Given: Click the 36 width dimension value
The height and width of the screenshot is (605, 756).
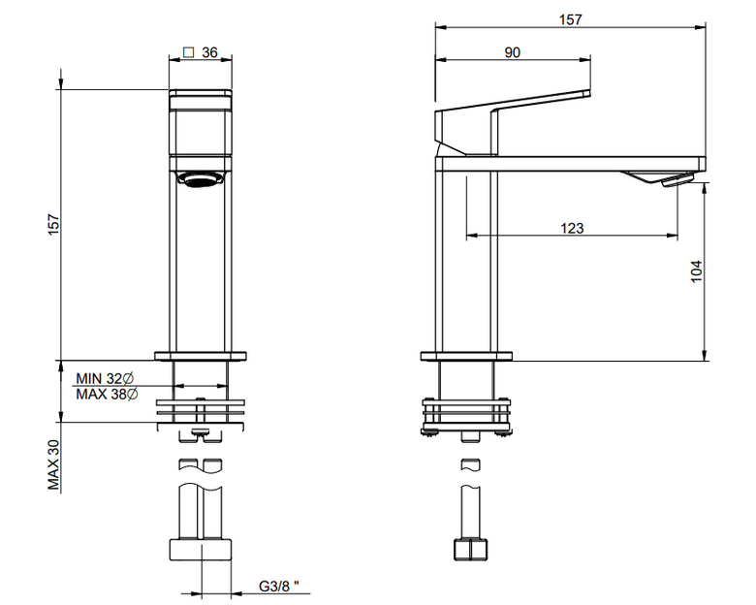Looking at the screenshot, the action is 209,52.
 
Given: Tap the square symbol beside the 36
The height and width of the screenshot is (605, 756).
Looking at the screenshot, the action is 189,52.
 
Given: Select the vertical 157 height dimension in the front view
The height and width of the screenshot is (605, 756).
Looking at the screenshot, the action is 53,224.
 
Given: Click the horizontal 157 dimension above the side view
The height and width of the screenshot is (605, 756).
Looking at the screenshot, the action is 570,19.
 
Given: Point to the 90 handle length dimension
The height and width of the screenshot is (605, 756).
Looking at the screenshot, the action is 513,52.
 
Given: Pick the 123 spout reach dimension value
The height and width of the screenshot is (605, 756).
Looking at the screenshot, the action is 572,228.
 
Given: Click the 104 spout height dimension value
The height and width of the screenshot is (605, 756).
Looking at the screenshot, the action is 697,271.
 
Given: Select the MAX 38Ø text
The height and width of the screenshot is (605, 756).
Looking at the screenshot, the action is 107,395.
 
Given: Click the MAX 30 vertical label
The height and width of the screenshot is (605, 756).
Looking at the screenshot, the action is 53,464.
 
